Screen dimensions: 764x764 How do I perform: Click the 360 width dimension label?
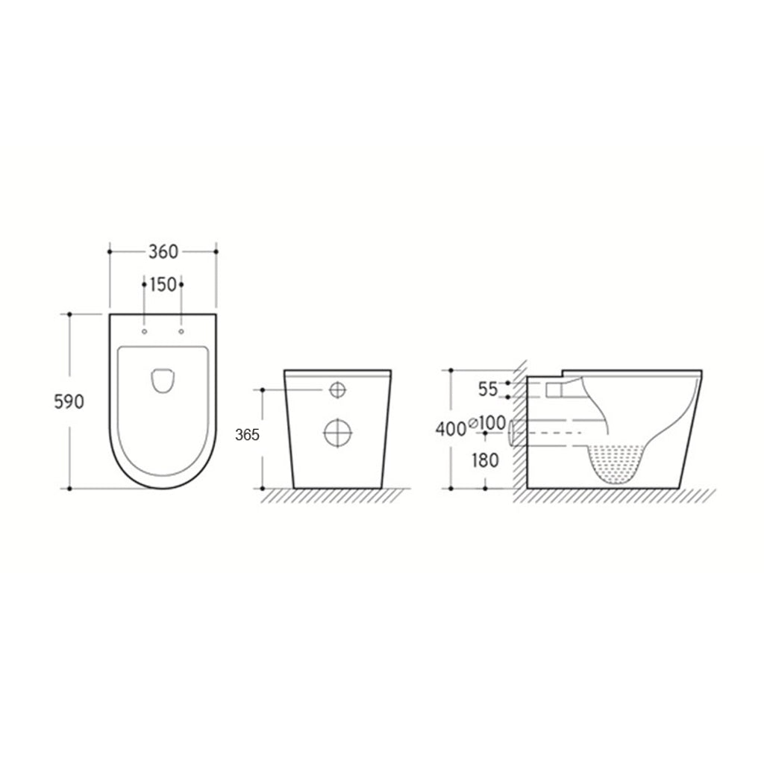click(x=163, y=252)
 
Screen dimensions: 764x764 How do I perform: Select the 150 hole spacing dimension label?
click(x=163, y=284)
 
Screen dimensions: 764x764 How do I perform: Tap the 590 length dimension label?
click(x=69, y=401)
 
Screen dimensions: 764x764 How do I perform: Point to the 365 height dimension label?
click(x=247, y=435)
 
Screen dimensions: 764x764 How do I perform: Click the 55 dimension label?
click(x=488, y=389)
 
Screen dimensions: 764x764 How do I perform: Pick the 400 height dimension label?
click(x=451, y=429)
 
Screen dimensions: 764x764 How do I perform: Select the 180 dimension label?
click(x=485, y=460)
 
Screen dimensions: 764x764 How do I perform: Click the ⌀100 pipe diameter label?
click(x=487, y=423)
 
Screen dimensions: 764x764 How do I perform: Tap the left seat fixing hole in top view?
click(x=144, y=331)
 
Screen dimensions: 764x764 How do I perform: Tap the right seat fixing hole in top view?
click(x=182, y=331)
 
